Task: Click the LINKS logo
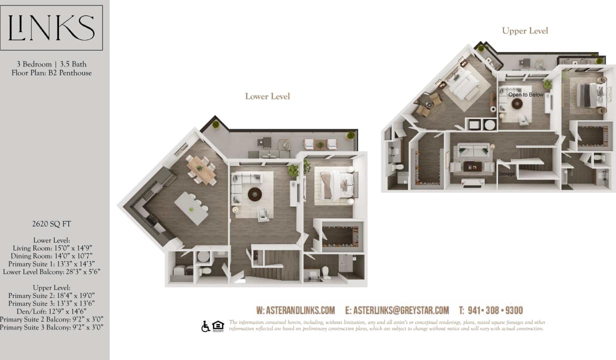point(51,27)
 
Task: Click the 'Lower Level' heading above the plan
point(267,96)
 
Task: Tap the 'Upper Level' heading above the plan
point(525,31)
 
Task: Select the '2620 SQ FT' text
point(51,224)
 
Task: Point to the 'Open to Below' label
point(525,94)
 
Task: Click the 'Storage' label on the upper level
point(506,174)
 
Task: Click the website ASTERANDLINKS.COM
point(295,310)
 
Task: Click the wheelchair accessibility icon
point(205,326)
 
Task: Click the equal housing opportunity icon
point(218,326)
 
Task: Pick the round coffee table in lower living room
point(255,194)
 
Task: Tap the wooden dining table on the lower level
point(202,168)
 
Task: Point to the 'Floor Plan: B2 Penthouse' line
point(51,73)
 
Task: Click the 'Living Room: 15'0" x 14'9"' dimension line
point(51,248)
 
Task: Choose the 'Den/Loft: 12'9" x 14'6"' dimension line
point(51,311)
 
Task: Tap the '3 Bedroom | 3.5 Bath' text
point(51,64)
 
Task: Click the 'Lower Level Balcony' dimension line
point(51,272)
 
